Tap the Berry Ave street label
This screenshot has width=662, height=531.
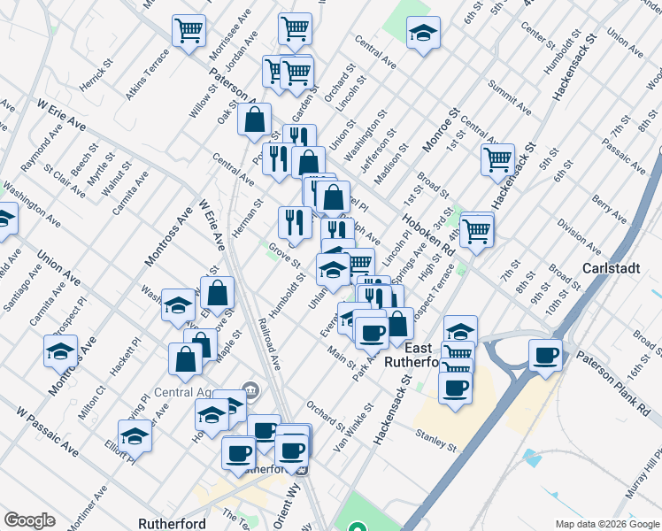[x=611, y=212]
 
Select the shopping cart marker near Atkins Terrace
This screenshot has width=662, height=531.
[x=189, y=30]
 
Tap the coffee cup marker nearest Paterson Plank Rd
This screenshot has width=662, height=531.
[x=545, y=355]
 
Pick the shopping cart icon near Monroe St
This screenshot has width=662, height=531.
[x=497, y=159]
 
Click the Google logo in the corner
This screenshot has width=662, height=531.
[x=29, y=520]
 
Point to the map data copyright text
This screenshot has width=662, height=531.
[x=606, y=524]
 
